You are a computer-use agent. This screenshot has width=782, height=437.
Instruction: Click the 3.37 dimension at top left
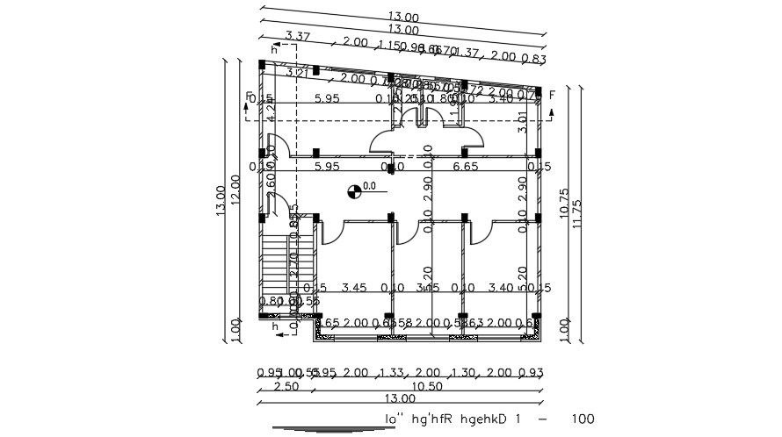[299, 36]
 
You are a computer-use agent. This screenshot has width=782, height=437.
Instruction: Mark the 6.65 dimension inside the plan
[465, 166]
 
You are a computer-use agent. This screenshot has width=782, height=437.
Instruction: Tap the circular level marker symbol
[354, 189]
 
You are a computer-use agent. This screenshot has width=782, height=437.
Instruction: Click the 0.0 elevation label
[370, 186]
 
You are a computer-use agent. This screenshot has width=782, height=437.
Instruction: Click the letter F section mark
[552, 95]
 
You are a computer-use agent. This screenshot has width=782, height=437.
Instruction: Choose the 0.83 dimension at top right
[534, 59]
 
